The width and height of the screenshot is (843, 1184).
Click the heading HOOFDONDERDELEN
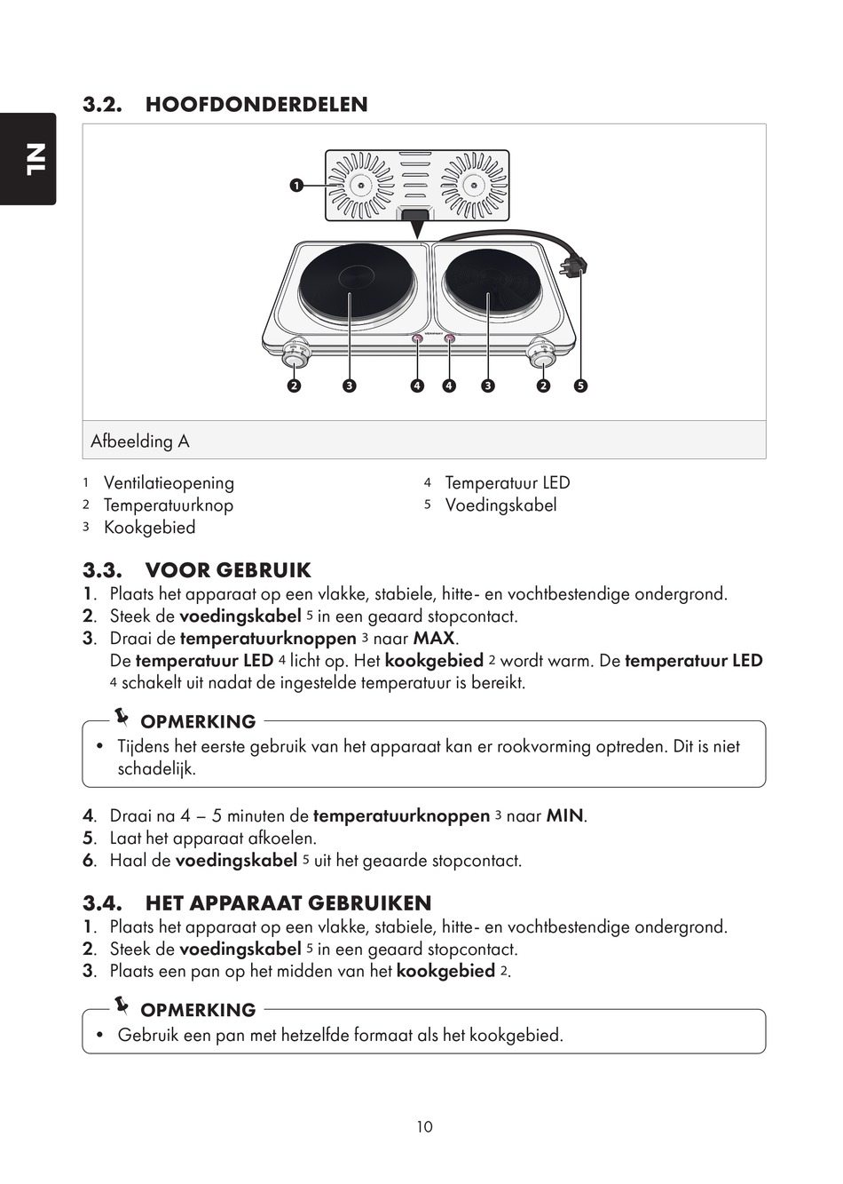[256, 105]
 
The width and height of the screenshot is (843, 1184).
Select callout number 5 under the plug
[580, 385]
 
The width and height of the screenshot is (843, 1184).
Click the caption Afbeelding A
[140, 441]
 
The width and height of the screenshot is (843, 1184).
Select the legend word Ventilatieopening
[169, 483]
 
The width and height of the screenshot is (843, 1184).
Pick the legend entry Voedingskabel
[500, 505]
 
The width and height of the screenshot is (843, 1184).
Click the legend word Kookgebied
[149, 528]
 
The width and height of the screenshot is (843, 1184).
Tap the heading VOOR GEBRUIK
[228, 570]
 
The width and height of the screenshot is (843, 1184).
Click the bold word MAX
[434, 639]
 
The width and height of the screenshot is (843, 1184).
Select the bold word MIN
[565, 816]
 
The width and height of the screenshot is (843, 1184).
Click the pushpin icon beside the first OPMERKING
[122, 716]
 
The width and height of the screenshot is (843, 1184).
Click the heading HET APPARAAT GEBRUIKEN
[288, 903]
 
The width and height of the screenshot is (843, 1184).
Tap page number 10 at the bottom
[424, 1126]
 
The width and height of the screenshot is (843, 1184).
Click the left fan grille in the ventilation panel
[360, 185]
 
